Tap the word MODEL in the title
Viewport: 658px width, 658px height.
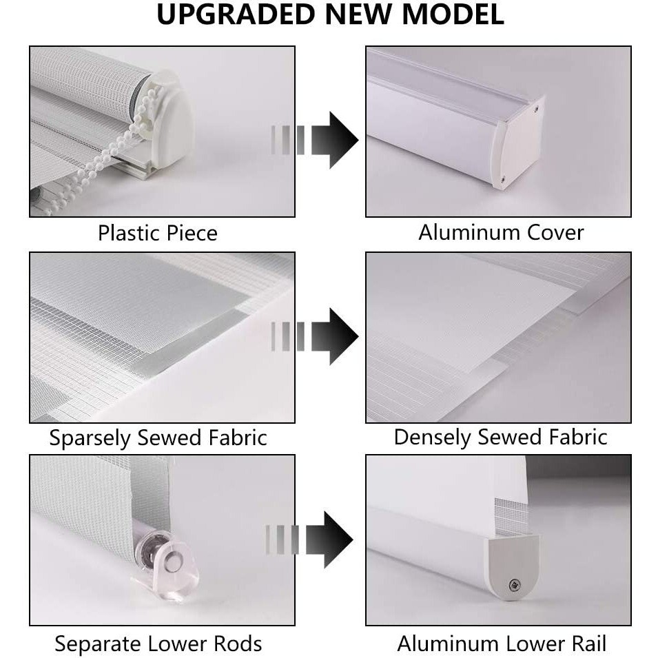pos(453,14)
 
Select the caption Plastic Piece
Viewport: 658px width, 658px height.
pos(158,234)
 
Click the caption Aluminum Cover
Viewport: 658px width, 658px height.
pos(501,232)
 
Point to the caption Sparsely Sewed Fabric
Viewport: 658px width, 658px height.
pos(158,438)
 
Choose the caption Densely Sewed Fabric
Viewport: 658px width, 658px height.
pos(501,438)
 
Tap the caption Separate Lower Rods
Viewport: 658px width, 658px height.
pos(158,644)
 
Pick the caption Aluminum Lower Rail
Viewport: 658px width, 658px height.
pos(502,644)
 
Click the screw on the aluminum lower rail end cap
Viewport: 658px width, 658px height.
pos(515,584)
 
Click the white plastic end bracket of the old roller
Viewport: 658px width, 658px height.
pos(170,122)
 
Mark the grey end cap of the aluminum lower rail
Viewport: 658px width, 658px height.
pos(513,566)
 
